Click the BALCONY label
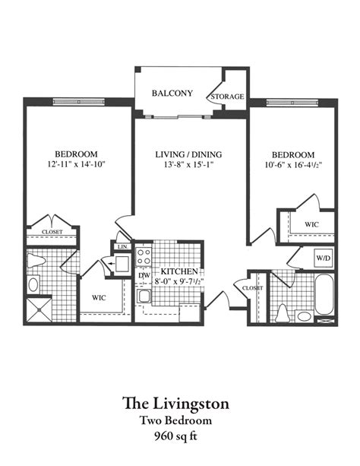[x=172, y=94]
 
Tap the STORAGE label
[x=227, y=97]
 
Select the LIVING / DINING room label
[x=188, y=154]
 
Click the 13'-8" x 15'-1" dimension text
[x=188, y=164]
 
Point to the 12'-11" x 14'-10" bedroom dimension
[x=77, y=164]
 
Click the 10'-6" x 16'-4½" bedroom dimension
[x=293, y=165]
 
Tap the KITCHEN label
[x=179, y=271]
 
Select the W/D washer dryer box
[x=323, y=258]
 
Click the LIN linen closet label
[x=122, y=246]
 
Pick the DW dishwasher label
[x=144, y=275]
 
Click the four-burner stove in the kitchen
[x=144, y=257]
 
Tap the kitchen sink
[x=144, y=296]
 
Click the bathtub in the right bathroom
[x=324, y=294]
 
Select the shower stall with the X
[x=39, y=310]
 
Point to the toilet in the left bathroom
[x=36, y=261]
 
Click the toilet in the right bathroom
[x=283, y=314]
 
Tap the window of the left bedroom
[x=79, y=102]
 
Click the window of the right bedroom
[x=292, y=103]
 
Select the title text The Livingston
[x=176, y=404]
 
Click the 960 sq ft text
[x=176, y=436]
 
